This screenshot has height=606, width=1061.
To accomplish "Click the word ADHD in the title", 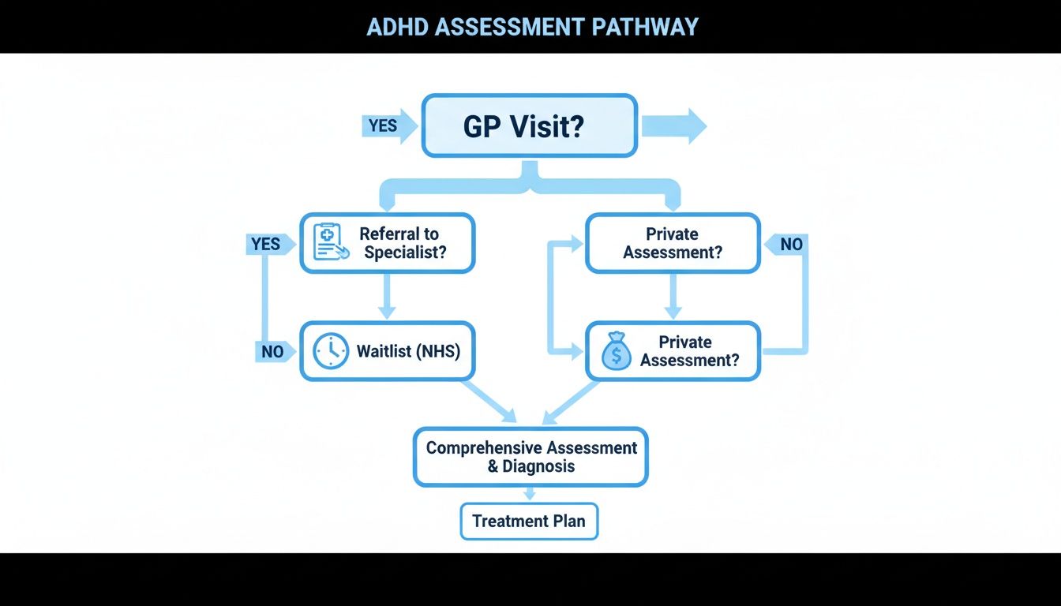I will tap(399, 26).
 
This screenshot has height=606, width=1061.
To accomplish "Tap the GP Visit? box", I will tap(529, 126).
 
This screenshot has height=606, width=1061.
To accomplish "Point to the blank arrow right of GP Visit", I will tap(673, 126).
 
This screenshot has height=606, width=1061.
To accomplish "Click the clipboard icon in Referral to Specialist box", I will tap(330, 242).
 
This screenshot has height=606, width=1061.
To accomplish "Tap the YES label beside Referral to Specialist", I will tap(268, 244).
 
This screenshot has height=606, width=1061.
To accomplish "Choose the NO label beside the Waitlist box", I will tap(272, 352).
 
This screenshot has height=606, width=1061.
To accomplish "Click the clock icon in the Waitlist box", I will tap(330, 351).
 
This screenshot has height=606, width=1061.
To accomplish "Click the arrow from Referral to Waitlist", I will tap(386, 297).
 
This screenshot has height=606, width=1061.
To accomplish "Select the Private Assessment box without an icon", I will tap(673, 243).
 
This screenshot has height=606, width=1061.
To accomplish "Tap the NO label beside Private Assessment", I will tap(788, 245).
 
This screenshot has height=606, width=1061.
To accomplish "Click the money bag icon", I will tap(616, 352).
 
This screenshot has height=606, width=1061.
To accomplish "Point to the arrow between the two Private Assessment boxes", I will tap(673, 297).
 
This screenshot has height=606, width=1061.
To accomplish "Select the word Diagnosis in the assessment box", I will tap(540, 466).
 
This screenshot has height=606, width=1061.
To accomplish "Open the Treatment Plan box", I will tap(529, 522).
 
